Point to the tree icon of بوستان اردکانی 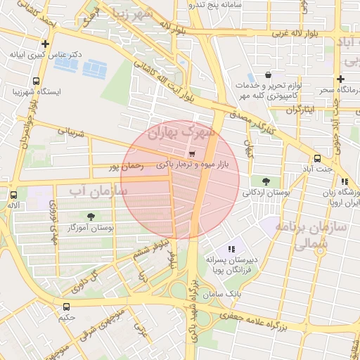pyautogui.click(x=265, y=181)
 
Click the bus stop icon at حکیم pyautogui.click(x=66, y=307)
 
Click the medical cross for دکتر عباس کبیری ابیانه pyautogui.click(x=46, y=63)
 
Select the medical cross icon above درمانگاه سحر pyautogui.click(x=341, y=79)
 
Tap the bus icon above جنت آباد pyautogui.click(x=318, y=158)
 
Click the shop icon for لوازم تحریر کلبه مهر pyautogui.click(x=268, y=75)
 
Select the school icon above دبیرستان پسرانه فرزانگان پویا pyautogui.click(x=231, y=249)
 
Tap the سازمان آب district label pyautogui.click(x=98, y=190)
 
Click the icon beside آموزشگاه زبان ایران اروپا pyautogui.click(x=344, y=181)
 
